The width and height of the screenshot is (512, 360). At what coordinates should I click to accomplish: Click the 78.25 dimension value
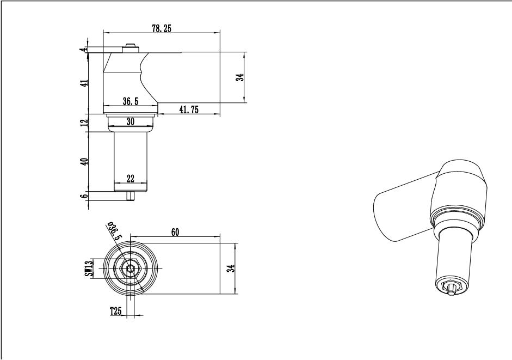point(161,28)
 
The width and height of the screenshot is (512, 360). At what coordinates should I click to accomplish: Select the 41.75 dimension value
point(189,109)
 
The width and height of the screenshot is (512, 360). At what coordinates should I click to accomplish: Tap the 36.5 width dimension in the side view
point(131,101)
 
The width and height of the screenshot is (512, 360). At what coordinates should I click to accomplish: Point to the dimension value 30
point(131,121)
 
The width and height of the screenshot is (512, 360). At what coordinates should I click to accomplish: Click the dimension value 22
point(130,179)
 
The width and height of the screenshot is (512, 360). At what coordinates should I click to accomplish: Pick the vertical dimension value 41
point(85,83)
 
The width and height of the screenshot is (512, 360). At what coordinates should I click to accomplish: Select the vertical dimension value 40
point(84,162)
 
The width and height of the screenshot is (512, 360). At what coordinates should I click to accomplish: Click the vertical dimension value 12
point(84,123)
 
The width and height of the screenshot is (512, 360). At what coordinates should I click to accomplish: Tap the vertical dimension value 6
point(84,196)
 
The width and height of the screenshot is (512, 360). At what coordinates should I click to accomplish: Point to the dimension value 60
point(175,232)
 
